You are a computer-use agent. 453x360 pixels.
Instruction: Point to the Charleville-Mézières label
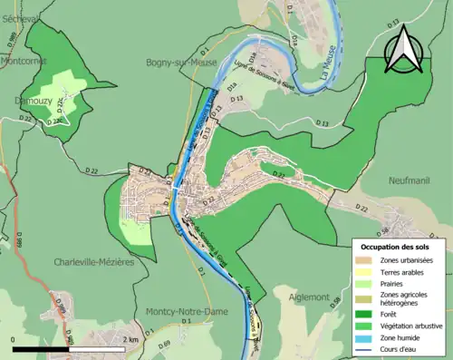[x=94, y=262]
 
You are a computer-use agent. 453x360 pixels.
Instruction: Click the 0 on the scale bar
[x=14, y=338]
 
